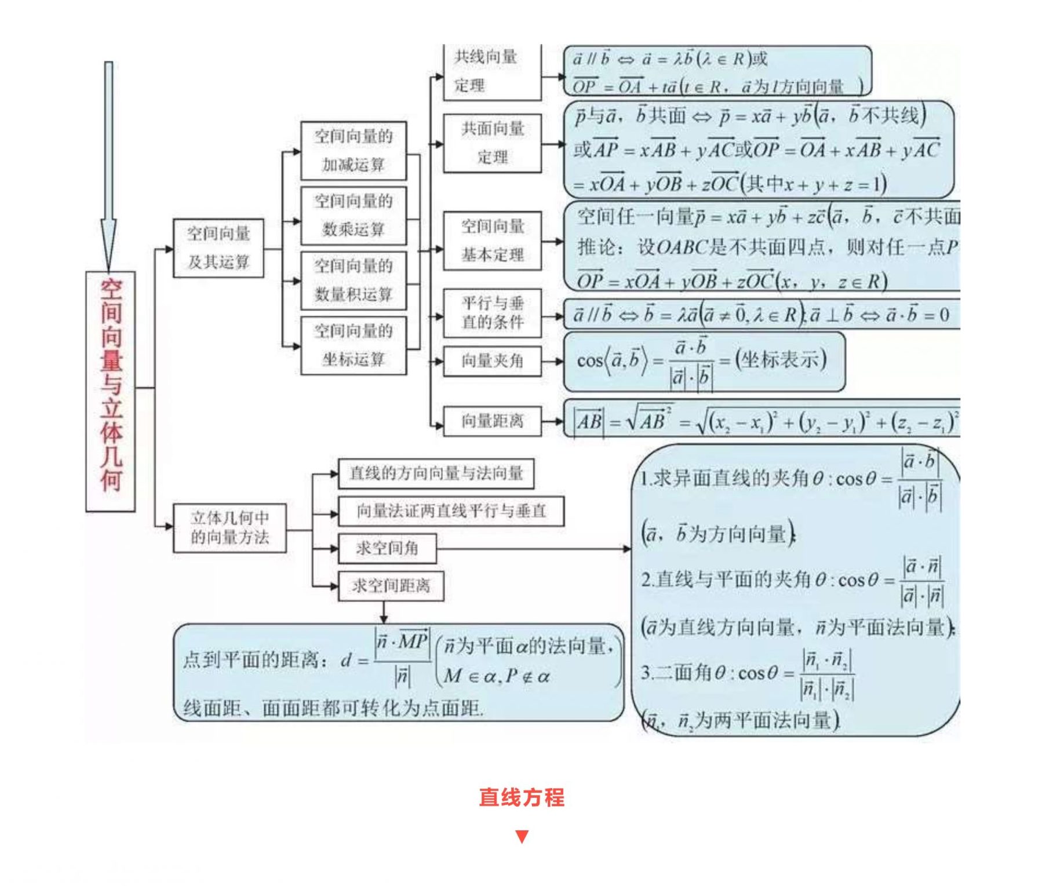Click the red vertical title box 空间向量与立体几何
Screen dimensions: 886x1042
pyautogui.click(x=110, y=391)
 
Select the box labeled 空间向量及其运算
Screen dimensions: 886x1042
pyautogui.click(x=218, y=248)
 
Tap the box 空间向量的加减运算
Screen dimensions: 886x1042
pyautogui.click(x=354, y=151)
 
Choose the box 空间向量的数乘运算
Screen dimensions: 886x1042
pyautogui.click(x=354, y=216)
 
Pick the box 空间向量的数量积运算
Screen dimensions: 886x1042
pyautogui.click(x=354, y=280)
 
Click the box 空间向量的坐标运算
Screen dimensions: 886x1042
pyautogui.click(x=354, y=345)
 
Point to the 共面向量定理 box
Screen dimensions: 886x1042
pyautogui.click(x=492, y=143)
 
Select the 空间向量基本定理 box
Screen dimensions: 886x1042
pyautogui.click(x=492, y=240)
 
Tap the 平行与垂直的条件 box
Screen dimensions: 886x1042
pyautogui.click(x=492, y=313)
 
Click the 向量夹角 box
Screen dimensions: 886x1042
pyautogui.click(x=492, y=361)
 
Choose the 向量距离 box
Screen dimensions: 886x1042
pyautogui.click(x=492, y=421)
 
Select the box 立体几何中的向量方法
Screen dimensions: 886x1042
pyautogui.click(x=229, y=527)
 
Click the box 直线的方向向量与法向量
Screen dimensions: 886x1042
pyautogui.click(x=436, y=473)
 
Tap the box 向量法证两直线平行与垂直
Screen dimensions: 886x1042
pyautogui.click(x=451, y=511)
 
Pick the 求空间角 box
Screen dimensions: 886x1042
pyautogui.click(x=387, y=548)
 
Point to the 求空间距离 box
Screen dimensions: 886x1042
pyautogui.click(x=391, y=586)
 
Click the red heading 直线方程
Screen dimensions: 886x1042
pyautogui.click(x=522, y=797)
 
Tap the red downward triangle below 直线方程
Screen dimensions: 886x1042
pyautogui.click(x=522, y=836)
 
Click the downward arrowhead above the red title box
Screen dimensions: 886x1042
pyautogui.click(x=108, y=243)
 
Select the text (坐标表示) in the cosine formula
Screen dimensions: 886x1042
pyautogui.click(x=781, y=360)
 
